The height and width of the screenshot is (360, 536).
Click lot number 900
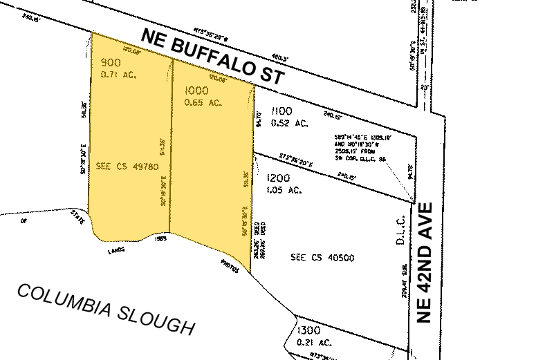(111, 60)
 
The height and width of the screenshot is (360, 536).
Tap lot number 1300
(308, 331)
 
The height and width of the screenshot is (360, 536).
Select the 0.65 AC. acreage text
(203, 103)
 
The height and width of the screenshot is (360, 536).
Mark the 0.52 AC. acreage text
(290, 124)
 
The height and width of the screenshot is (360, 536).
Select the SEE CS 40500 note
(322, 258)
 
